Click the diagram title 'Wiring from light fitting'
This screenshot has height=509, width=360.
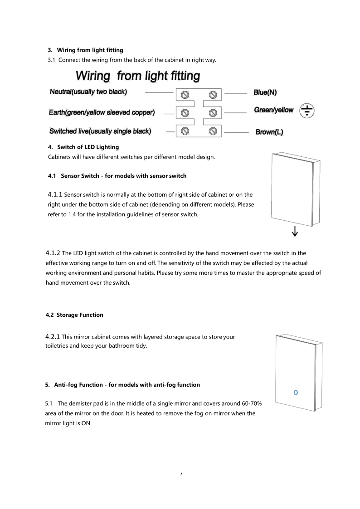point(137,76)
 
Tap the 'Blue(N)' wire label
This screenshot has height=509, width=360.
point(265,92)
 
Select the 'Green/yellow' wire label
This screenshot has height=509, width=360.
point(273,110)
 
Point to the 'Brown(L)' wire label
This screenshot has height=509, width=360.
point(269,132)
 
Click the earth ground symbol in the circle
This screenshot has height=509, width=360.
point(307,110)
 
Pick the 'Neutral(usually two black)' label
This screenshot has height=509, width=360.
point(88,92)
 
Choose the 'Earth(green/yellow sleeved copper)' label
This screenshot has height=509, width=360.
point(102,112)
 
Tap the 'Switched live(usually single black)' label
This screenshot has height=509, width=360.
point(100,131)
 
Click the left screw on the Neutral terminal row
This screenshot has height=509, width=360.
point(185,95)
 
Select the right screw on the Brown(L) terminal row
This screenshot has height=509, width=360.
point(213,131)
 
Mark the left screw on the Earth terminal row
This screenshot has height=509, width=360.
point(185,112)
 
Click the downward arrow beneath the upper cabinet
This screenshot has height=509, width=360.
point(295,231)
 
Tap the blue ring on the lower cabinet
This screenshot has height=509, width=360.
point(296,392)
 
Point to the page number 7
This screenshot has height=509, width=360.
point(181,474)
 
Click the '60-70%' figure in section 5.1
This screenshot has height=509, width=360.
point(250,403)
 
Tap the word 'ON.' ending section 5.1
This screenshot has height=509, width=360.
point(86,423)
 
